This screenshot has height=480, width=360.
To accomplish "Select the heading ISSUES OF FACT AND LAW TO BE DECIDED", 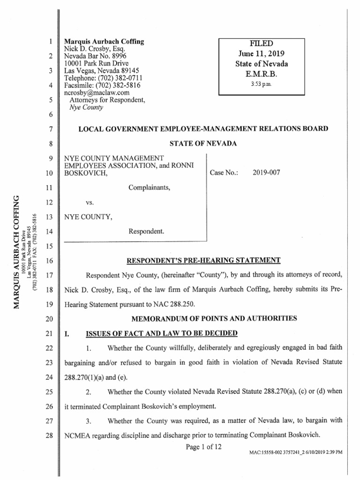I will [162, 333].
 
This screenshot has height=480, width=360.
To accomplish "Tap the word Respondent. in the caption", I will [146, 231].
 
